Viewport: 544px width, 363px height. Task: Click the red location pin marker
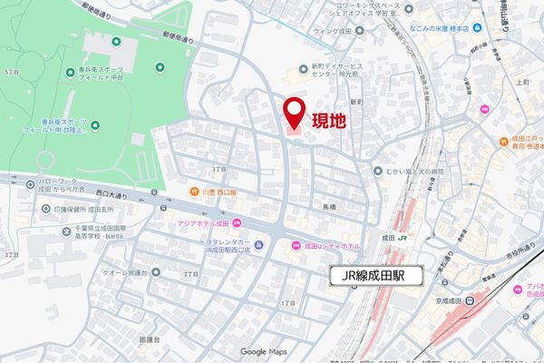pyautogui.click(x=294, y=113)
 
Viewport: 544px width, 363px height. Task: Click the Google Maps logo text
pyautogui.click(x=263, y=352)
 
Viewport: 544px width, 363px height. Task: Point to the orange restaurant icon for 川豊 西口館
pyautogui.click(x=194, y=191)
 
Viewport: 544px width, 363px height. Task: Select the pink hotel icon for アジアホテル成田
pyautogui.click(x=238, y=223)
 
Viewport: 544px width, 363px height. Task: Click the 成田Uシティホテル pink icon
pyautogui.click(x=294, y=246)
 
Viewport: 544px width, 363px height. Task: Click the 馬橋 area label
pyautogui.click(x=329, y=207)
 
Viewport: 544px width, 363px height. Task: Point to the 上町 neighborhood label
pyautogui.click(x=521, y=83)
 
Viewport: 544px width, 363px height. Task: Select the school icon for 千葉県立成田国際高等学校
pyautogui.click(x=67, y=231)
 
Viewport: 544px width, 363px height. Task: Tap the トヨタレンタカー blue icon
pyautogui.click(x=259, y=244)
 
